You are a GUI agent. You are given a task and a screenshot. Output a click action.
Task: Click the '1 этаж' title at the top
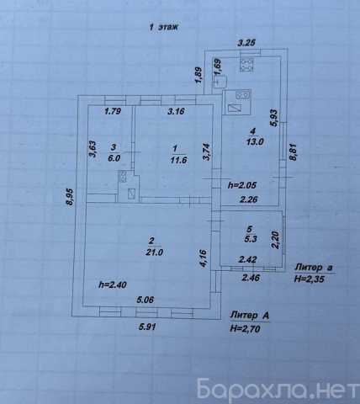(x=164, y=27)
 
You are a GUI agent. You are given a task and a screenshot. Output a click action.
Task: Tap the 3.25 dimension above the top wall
(x=246, y=43)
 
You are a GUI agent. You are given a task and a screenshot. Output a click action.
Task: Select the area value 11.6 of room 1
(x=178, y=160)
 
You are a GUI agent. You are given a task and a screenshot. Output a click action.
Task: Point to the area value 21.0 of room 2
(x=154, y=252)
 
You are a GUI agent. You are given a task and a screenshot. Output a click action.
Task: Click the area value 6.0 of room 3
(x=114, y=158)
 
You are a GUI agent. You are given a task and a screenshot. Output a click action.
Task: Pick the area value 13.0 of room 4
(x=255, y=141)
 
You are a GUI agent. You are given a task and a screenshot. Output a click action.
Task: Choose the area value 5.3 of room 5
(x=251, y=239)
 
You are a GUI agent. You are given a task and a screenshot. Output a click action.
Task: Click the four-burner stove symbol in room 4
(x=246, y=66)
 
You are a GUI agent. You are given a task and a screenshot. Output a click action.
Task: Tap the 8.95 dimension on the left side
(x=70, y=197)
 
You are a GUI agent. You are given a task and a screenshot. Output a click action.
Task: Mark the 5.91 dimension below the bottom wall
(x=147, y=327)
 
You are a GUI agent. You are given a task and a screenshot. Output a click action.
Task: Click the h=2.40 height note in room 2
(x=113, y=284)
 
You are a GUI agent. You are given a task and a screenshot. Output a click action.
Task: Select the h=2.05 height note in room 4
(x=242, y=185)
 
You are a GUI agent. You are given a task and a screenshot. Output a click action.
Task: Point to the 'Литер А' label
(x=249, y=316)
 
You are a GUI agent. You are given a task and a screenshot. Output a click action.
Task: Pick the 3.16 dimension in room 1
(x=176, y=111)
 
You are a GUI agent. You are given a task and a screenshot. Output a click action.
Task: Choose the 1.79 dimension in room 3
(x=113, y=111)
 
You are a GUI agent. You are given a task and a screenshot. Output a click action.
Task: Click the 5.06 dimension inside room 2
(x=146, y=300)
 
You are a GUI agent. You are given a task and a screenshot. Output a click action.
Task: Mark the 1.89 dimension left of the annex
(x=199, y=75)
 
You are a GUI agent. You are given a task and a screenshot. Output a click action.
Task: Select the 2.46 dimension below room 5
(x=251, y=278)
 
